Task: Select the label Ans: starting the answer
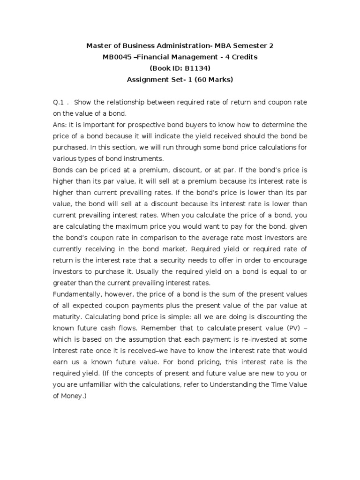click(61, 125)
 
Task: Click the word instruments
click(139, 158)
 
